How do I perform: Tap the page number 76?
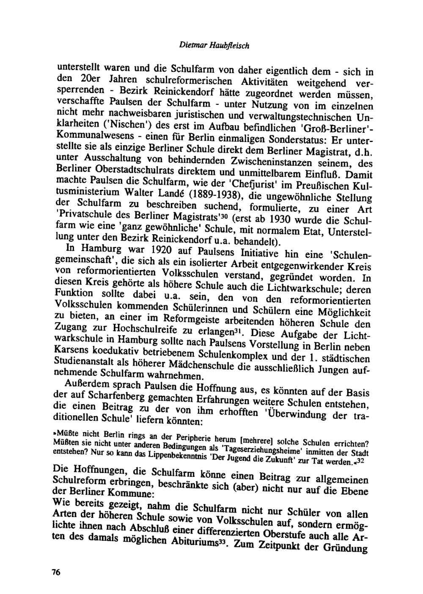point(56,572)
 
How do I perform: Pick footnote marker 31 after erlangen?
point(241,328)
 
